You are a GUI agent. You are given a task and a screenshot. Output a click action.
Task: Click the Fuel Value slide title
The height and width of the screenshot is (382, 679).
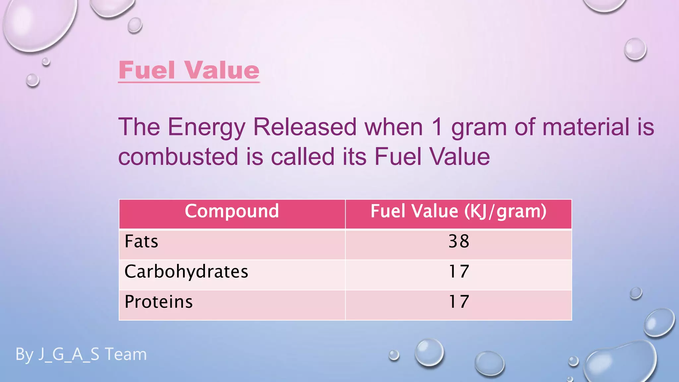coord(189,70)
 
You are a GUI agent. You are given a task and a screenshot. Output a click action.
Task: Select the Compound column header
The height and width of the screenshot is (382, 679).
coord(232,211)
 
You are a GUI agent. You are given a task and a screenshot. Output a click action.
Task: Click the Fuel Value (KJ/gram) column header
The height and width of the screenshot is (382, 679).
coord(458,211)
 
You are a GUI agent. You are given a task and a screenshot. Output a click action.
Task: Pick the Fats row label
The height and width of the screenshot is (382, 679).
coord(141,241)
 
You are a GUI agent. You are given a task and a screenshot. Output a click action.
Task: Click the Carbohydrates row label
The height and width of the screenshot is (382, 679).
coord(186,272)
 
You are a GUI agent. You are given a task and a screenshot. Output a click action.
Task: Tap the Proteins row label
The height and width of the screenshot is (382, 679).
coord(158,302)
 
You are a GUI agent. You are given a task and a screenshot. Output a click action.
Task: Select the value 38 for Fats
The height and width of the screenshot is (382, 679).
coord(459,241)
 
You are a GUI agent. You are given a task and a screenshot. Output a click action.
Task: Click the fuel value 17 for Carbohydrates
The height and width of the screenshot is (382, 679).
coord(459,272)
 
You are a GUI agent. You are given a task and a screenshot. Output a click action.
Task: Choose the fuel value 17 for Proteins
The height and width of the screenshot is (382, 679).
coord(459,302)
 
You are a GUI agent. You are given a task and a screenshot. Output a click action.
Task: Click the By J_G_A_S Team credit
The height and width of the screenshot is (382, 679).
coord(81,354)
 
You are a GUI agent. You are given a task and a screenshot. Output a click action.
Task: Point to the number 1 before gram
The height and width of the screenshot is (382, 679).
coord(438,127)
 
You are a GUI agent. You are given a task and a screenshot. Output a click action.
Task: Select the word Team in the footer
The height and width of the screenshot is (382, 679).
coord(126,354)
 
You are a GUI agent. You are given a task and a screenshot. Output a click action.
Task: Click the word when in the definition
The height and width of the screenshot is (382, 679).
coord(394,127)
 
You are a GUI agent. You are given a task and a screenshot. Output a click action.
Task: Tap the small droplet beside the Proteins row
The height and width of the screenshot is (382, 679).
coord(636,293)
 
